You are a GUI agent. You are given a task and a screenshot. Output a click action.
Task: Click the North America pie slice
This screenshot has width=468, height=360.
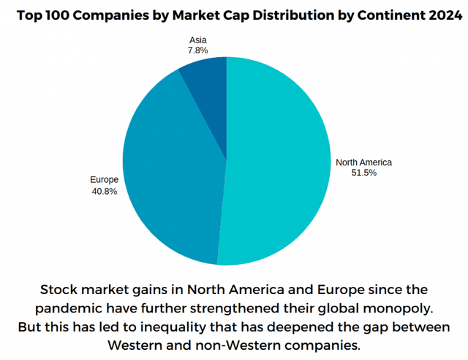pos(278,161)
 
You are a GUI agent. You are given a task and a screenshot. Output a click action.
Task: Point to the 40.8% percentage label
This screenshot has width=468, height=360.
pos(103,191)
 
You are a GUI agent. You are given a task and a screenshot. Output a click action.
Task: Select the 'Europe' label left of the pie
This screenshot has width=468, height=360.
pos(103,179)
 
